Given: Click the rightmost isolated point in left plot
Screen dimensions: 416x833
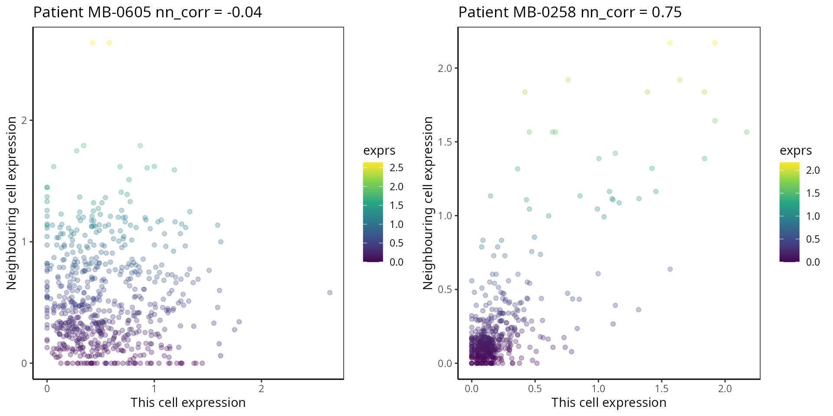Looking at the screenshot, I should click(330, 292).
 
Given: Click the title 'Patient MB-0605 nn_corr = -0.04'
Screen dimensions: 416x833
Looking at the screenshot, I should click(148, 12).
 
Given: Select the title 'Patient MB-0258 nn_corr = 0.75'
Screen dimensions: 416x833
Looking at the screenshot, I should click(570, 12).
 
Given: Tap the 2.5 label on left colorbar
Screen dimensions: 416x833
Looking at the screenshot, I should click(397, 168).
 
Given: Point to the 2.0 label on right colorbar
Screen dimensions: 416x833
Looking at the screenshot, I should click(813, 170).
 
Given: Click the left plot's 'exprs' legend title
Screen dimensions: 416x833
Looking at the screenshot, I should click(379, 150).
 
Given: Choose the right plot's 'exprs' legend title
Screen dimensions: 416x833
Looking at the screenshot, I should click(796, 150).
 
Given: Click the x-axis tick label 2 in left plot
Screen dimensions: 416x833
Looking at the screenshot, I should click(261, 389).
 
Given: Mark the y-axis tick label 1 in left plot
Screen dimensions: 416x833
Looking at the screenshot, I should click(24, 242).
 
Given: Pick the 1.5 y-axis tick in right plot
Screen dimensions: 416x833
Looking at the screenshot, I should click(445, 142).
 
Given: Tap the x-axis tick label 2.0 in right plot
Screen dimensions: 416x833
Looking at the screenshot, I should click(725, 389).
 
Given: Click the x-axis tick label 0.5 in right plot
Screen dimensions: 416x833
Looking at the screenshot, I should click(535, 389).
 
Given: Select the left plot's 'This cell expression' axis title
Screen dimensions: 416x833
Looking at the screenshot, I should click(188, 403).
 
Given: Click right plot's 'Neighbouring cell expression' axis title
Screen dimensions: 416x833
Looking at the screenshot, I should click(428, 203).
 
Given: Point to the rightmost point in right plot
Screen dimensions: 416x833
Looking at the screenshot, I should click(747, 132).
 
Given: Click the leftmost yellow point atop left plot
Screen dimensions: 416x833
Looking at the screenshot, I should click(92, 43).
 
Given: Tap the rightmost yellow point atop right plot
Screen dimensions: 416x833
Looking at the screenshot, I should click(715, 43).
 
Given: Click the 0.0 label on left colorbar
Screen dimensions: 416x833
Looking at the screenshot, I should click(397, 262).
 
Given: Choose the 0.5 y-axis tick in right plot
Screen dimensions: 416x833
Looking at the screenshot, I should click(445, 289).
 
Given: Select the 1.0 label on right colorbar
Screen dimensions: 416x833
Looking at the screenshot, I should click(813, 216).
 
